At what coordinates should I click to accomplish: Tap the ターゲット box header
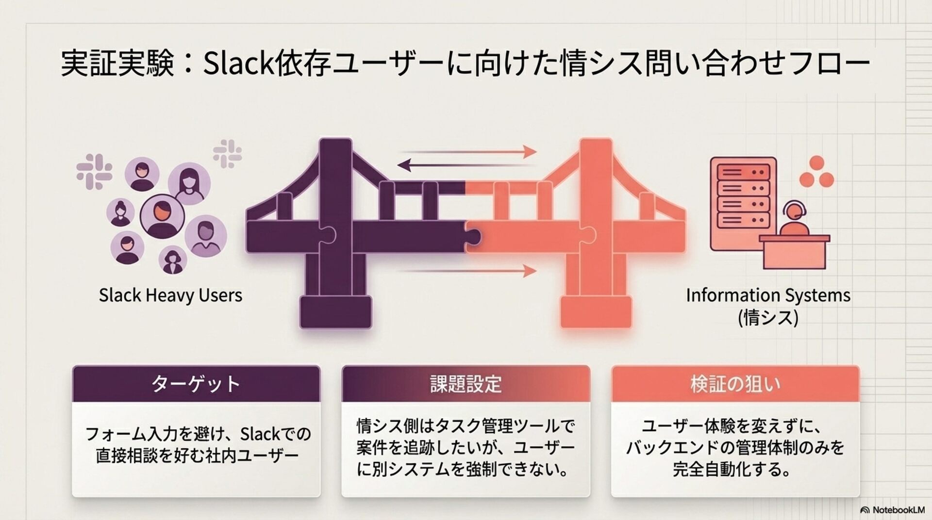[x=196, y=384]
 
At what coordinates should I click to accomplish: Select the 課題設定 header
[x=466, y=384]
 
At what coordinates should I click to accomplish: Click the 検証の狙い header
[x=735, y=384]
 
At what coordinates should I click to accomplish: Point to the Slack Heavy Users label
[x=170, y=295]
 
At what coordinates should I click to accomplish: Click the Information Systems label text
[x=768, y=295]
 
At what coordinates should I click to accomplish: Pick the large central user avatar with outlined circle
[x=162, y=216]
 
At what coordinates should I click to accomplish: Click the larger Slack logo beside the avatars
[x=94, y=171]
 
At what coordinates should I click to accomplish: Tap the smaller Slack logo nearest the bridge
[x=227, y=154]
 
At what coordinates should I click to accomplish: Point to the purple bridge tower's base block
[x=335, y=312]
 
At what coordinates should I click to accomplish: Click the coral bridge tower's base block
[x=596, y=312]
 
